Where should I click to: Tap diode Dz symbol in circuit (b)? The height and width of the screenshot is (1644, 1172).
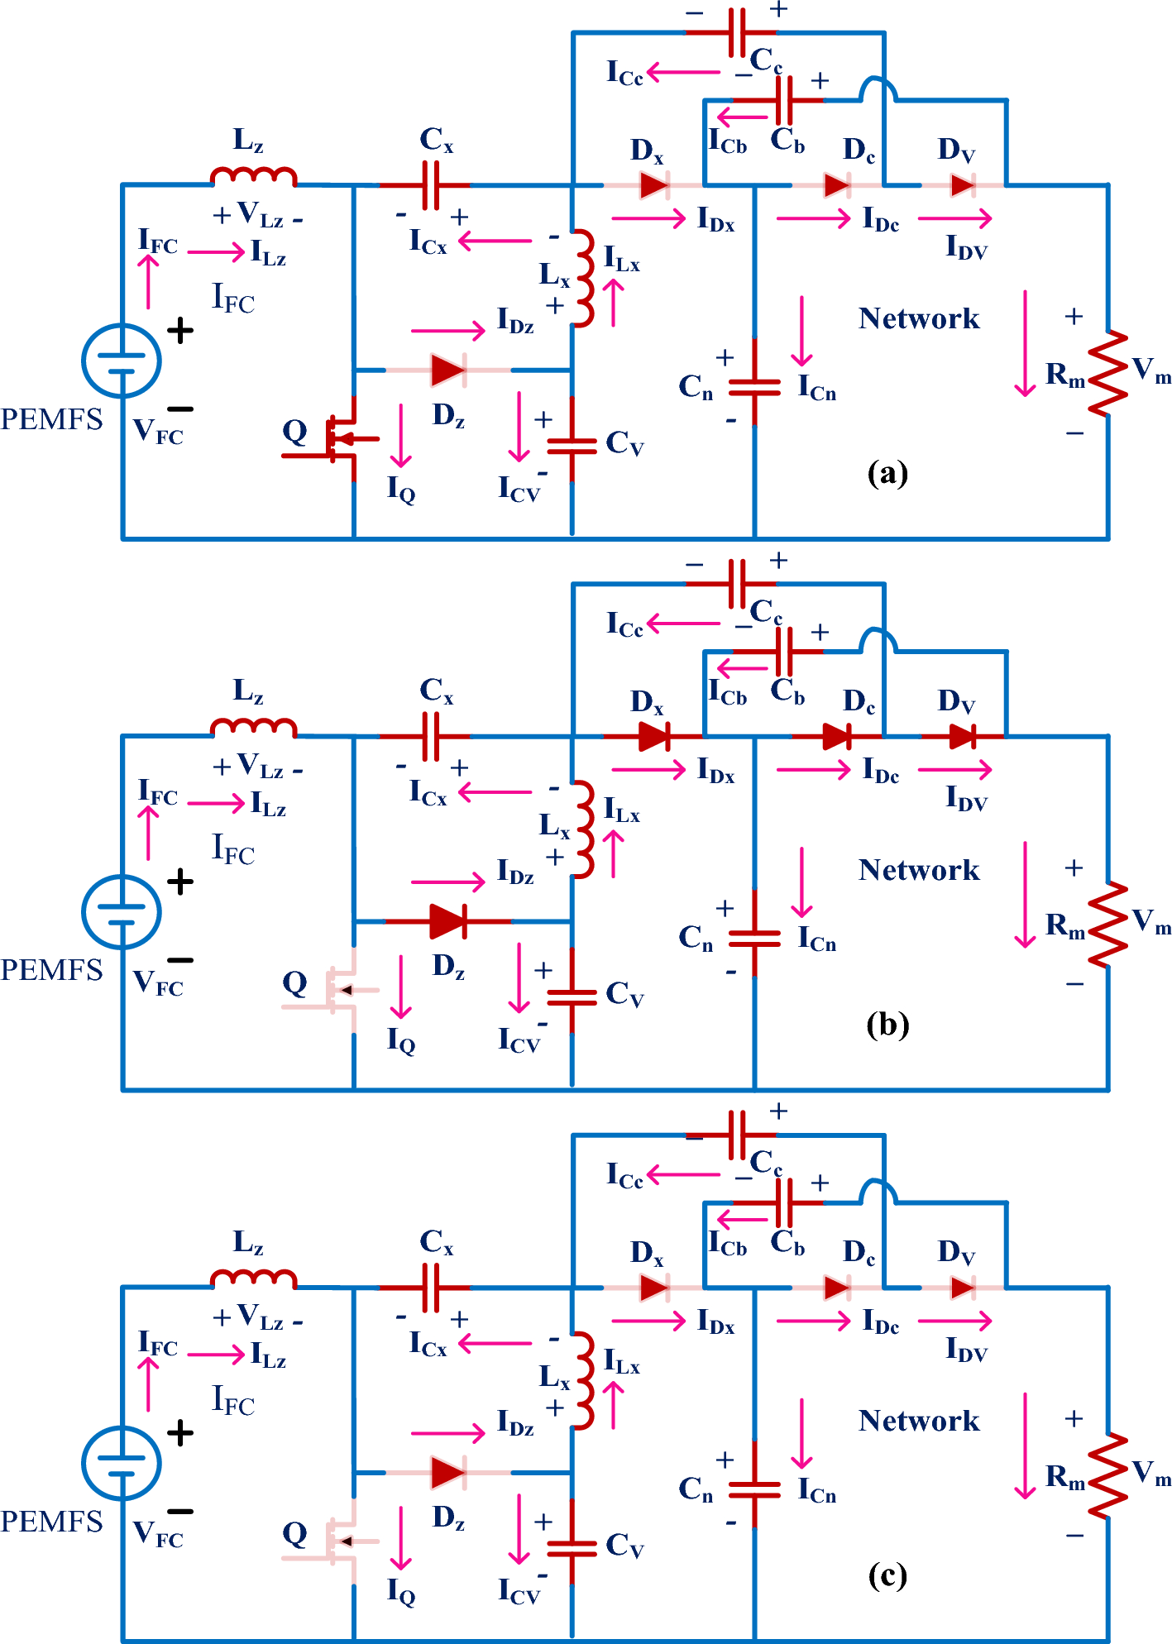pyautogui.click(x=448, y=920)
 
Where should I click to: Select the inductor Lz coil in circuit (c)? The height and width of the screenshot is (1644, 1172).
pyautogui.click(x=253, y=1278)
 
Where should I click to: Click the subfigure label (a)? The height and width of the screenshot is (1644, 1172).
pyautogui.click(x=887, y=473)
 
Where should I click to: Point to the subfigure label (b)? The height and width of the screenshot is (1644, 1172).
pyautogui.click(x=887, y=1025)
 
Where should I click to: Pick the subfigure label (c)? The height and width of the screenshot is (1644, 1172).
pyautogui.click(x=887, y=1575)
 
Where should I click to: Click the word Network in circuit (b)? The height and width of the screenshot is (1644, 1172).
pyautogui.click(x=919, y=870)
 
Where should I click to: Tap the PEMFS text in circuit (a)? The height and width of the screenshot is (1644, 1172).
pyautogui.click(x=51, y=419)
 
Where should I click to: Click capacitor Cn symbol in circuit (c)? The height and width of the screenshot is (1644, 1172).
pyautogui.click(x=754, y=1489)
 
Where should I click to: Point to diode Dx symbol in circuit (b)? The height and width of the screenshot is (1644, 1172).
pyautogui.click(x=654, y=736)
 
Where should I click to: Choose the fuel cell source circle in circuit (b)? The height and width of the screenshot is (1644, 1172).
pyautogui.click(x=122, y=911)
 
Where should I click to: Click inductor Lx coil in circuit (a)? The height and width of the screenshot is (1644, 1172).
pyautogui.click(x=584, y=279)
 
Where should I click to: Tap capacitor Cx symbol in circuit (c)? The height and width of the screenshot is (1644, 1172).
pyautogui.click(x=430, y=1288)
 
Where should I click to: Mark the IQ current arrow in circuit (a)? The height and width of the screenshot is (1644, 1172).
pyautogui.click(x=401, y=435)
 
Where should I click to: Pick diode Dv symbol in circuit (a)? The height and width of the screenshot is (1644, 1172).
pyautogui.click(x=963, y=184)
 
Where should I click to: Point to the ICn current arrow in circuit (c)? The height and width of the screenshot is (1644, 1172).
pyautogui.click(x=801, y=1433)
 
